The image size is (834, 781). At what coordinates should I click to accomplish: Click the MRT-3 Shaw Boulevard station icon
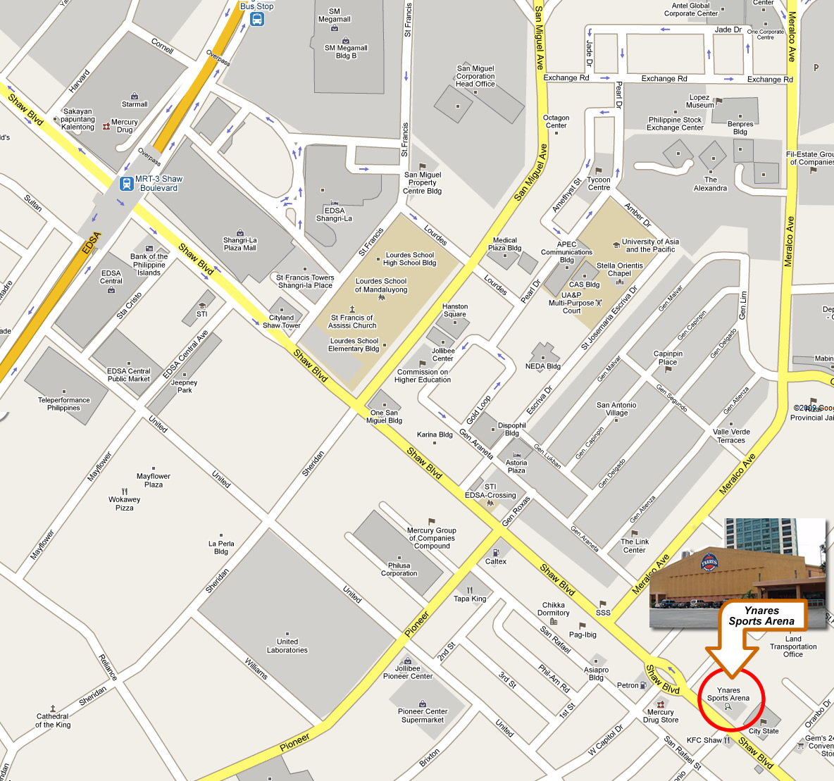tap(127, 184)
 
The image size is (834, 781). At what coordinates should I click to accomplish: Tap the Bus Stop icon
tap(257, 19)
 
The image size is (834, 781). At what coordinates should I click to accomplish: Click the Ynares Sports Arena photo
tap(737, 572)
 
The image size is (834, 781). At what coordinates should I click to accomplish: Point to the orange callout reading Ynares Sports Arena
tap(761, 616)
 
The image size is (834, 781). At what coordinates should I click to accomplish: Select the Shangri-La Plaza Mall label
tap(239, 244)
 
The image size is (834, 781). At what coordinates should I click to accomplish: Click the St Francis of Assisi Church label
tap(352, 321)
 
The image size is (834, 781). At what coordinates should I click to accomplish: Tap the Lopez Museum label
tap(699, 101)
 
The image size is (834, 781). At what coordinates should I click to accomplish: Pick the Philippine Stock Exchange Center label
tap(675, 124)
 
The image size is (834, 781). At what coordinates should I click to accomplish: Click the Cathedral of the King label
tap(53, 720)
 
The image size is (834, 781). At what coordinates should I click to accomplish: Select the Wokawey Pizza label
tap(125, 503)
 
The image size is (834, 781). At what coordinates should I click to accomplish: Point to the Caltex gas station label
tap(496, 561)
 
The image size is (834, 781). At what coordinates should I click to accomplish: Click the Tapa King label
tap(470, 599)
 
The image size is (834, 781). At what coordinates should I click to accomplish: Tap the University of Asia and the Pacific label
tap(650, 245)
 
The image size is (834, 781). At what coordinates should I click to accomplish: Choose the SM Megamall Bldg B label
tap(346, 52)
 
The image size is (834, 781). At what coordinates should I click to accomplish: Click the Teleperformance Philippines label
tap(64, 404)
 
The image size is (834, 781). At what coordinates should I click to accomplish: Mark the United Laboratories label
tap(287, 646)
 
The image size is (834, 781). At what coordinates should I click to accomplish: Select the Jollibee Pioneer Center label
tap(408, 672)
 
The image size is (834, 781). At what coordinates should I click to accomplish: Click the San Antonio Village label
tap(616, 409)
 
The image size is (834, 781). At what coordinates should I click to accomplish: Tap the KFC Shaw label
tap(704, 740)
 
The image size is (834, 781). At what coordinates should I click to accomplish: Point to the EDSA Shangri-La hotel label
tap(335, 214)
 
